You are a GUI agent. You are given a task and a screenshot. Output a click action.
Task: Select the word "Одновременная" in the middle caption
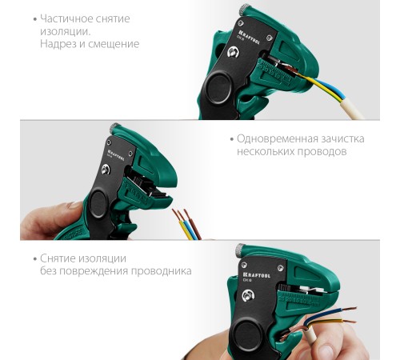(277, 139)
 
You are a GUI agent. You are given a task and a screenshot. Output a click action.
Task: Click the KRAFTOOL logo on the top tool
(249, 37)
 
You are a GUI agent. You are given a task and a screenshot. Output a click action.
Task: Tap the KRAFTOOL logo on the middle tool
(116, 154)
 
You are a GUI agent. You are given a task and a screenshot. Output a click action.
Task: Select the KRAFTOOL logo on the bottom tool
(257, 275)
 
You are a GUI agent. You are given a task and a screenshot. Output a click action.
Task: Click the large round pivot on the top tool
(219, 88)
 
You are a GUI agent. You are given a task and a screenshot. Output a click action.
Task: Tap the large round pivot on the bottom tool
(247, 334)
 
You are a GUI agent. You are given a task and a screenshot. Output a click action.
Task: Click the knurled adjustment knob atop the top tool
(245, 10)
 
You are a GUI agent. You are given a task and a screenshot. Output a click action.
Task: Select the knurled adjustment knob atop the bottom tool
(240, 250)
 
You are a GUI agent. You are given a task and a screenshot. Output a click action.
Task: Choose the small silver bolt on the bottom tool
(248, 296)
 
